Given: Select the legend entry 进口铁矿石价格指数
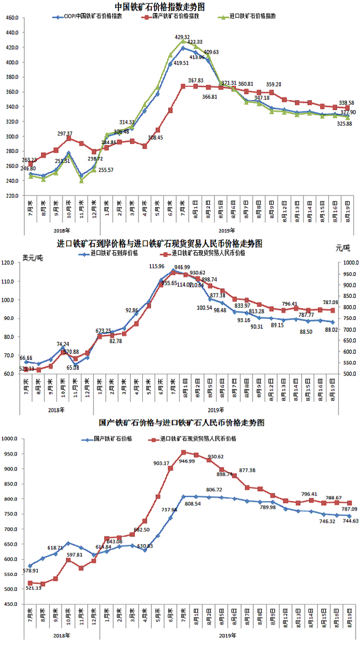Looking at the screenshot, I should tap(252, 17).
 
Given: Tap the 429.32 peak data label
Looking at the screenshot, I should tap(183, 37).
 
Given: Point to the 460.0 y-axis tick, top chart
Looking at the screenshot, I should tap(12, 18).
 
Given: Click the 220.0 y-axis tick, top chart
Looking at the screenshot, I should tap(12, 196).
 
